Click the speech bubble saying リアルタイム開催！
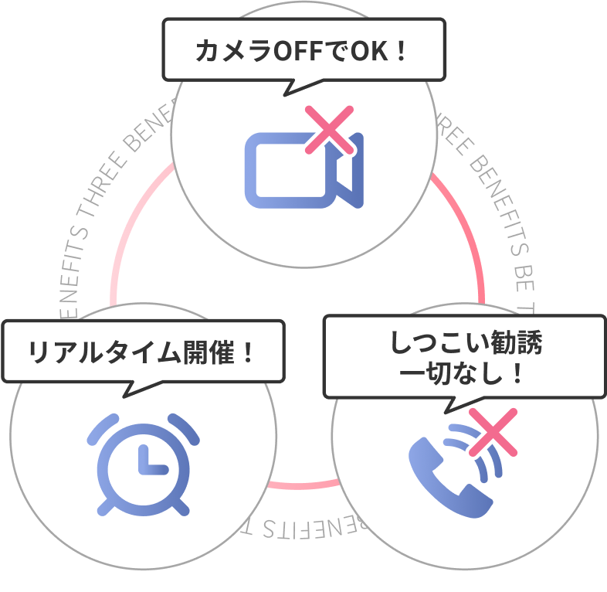141,352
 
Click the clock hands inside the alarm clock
148,461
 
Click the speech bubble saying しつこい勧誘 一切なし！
463,356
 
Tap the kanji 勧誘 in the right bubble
519,343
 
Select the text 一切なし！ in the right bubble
463,373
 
